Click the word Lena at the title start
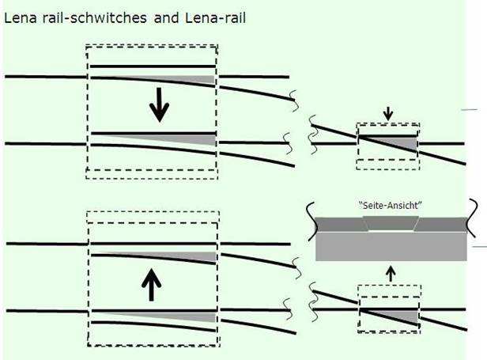21,17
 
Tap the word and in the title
167,17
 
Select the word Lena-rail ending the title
216,17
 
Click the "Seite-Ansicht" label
391,206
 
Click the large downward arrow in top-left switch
160,104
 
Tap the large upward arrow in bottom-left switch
151,285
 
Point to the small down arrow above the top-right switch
388,114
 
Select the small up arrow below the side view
391,274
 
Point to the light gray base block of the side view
391,246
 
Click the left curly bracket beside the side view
311,221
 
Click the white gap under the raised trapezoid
391,231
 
